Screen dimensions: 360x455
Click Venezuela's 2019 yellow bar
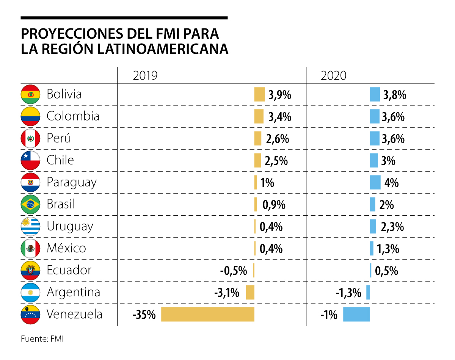pyautogui.click(x=207, y=315)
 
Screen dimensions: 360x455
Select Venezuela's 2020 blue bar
pyautogui.click(x=356, y=315)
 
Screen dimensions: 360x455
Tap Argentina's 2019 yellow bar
pyautogui.click(x=250, y=293)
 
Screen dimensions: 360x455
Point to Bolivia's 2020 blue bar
pyautogui.click(x=375, y=94)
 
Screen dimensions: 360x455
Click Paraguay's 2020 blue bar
pyautogui.click(x=375, y=183)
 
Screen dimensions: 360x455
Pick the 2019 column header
pyautogui.click(x=145, y=76)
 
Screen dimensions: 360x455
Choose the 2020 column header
pyautogui.click(x=334, y=76)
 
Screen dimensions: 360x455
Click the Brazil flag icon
pyautogui.click(x=30, y=205)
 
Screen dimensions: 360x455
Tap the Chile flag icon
pyautogui.click(x=30, y=160)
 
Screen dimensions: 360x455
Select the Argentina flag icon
pyautogui.click(x=30, y=293)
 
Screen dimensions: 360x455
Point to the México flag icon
pyautogui.click(x=30, y=249)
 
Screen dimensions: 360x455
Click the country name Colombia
pyautogui.click(x=73, y=116)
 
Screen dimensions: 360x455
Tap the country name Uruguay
pyautogui.click(x=70, y=227)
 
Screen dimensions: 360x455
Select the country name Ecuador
pyautogui.click(x=69, y=270)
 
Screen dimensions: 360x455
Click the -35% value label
pyautogui.click(x=144, y=315)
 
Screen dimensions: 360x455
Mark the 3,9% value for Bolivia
pyautogui.click(x=280, y=95)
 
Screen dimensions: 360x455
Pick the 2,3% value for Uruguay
pyautogui.click(x=392, y=227)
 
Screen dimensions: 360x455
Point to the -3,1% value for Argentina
pyautogui.click(x=226, y=293)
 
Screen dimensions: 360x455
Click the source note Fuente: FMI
pyautogui.click(x=42, y=339)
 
